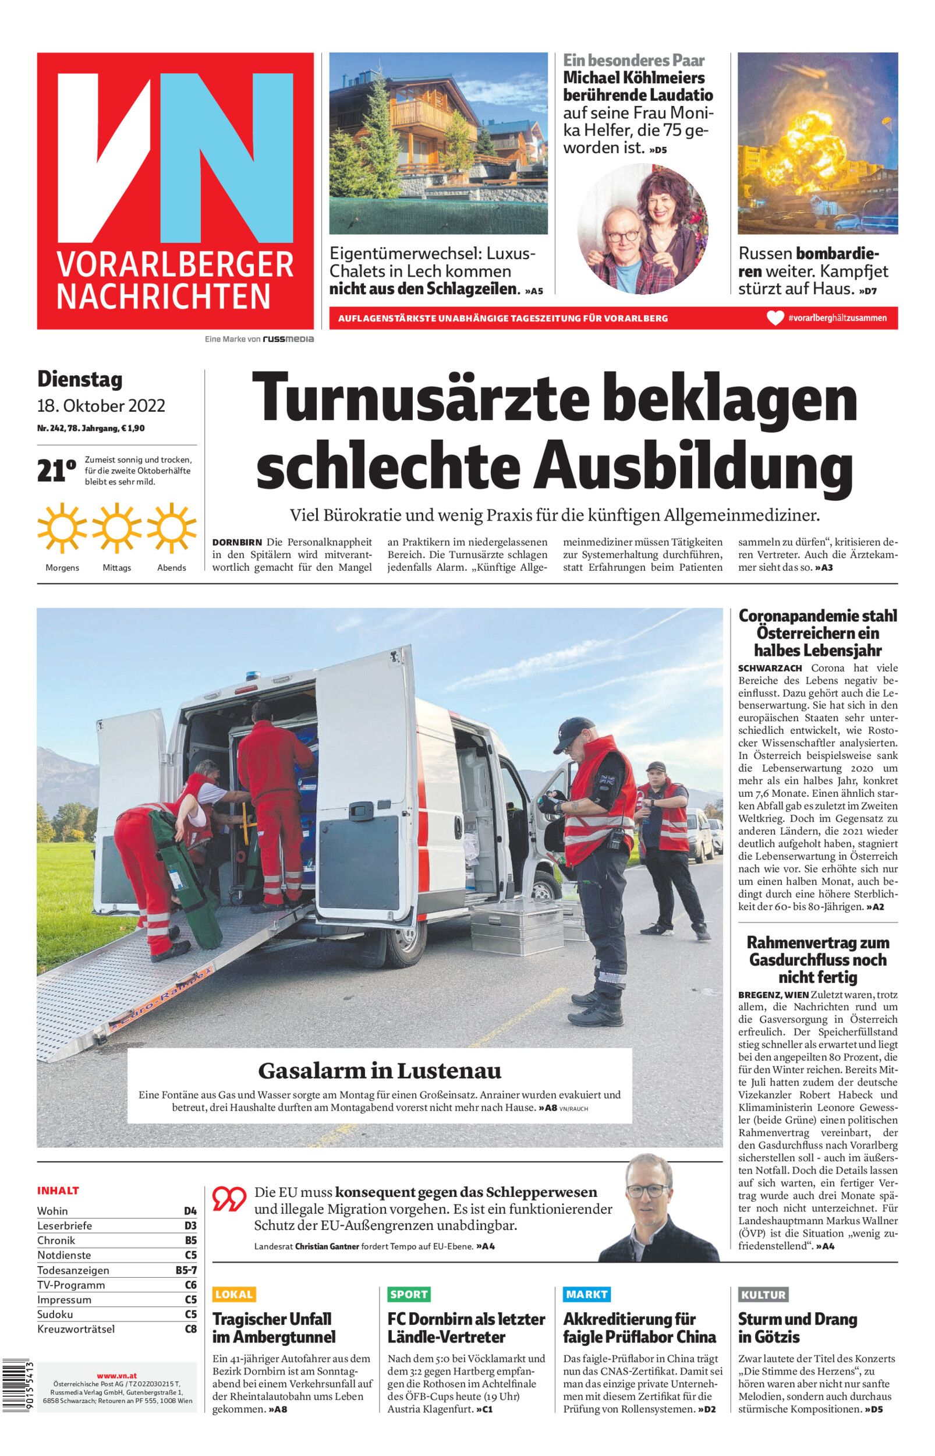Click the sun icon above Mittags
[117, 528]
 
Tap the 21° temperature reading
[56, 471]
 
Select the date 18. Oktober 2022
[101, 405]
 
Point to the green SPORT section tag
[409, 1294]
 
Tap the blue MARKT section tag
[586, 1294]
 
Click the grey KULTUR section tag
[763, 1294]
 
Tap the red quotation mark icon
[229, 1199]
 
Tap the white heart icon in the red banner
[775, 317]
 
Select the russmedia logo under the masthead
[288, 340]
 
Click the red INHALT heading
[58, 1190]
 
